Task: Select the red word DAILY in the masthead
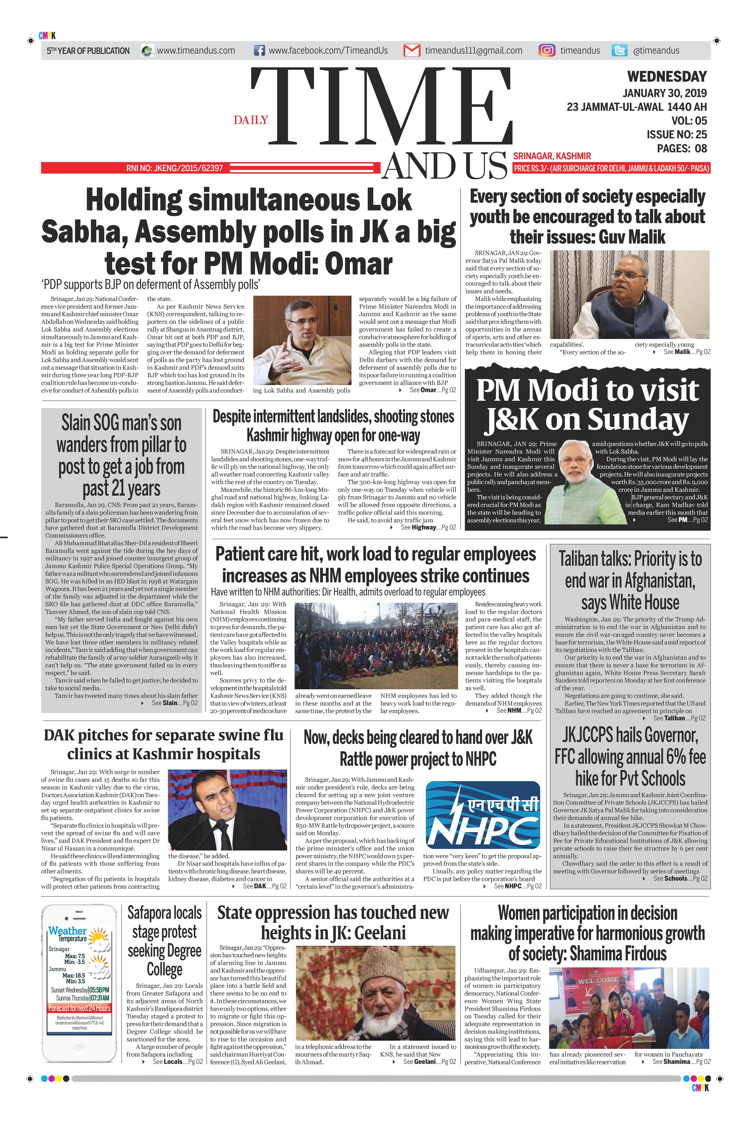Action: (251, 120)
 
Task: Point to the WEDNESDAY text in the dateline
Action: (667, 77)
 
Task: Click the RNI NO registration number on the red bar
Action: (175, 168)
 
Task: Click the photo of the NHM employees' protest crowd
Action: (376, 646)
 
